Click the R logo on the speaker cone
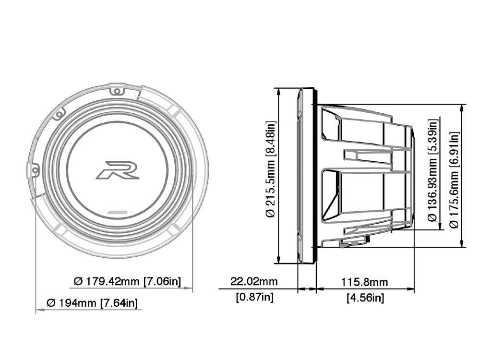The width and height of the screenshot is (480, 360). tap(117, 170)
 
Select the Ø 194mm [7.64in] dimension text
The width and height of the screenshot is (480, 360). tap(92, 303)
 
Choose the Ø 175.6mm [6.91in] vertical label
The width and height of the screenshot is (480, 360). tap(453, 176)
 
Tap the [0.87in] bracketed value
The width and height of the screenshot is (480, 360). tap(254, 297)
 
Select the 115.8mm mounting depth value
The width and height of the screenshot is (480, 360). tap(364, 282)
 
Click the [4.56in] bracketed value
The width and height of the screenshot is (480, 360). tap(365, 298)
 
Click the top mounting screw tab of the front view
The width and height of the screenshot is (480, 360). tap(117, 90)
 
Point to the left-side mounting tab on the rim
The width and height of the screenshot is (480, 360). tap(33, 170)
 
